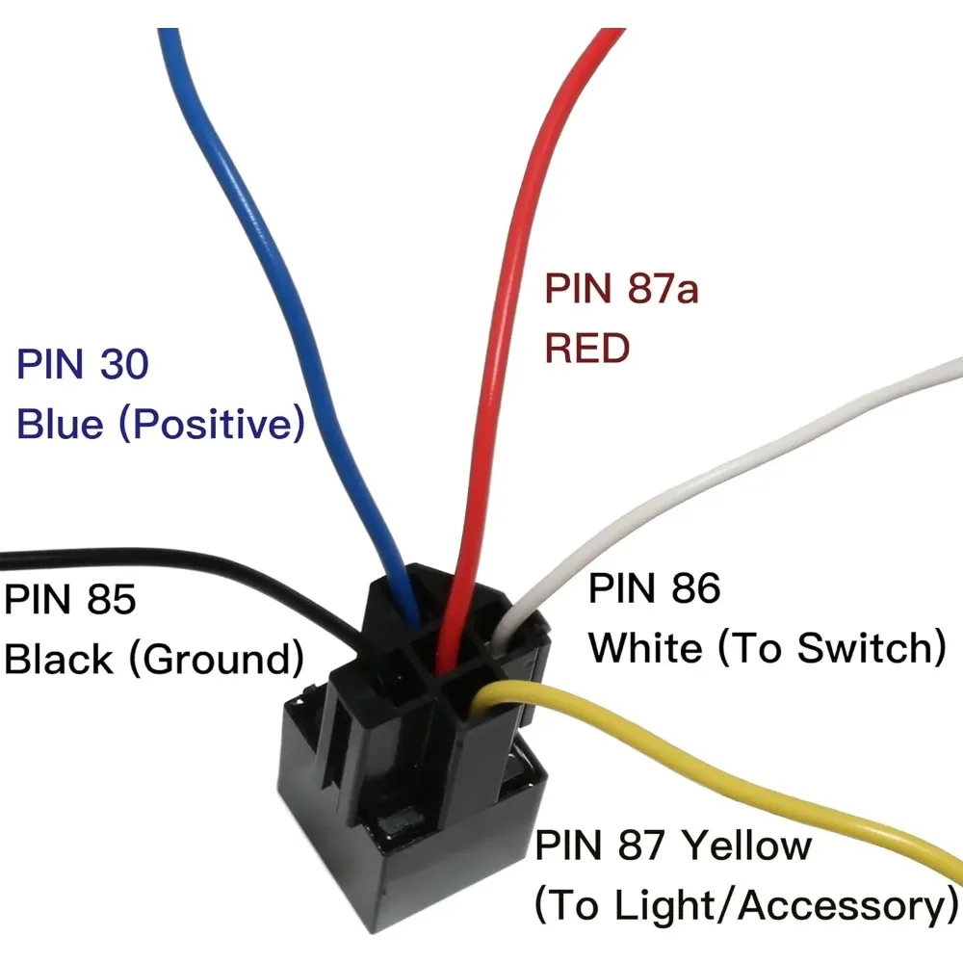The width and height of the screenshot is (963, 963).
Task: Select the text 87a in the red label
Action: pyautogui.click(x=664, y=288)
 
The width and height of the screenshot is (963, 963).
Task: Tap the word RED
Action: pyautogui.click(x=587, y=348)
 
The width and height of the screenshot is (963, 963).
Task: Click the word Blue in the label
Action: pyautogui.click(x=60, y=423)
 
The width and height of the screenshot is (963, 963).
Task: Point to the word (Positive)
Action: pyautogui.click(x=211, y=424)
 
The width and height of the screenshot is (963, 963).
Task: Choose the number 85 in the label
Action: pyautogui.click(x=111, y=599)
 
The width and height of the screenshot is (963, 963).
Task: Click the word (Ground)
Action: pyautogui.click(x=216, y=659)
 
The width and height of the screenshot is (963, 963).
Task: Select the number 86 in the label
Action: pyautogui.click(x=696, y=587)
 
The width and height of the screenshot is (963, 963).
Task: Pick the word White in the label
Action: pyautogui.click(x=645, y=647)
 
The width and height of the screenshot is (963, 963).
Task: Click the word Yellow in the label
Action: pyautogui.click(x=747, y=846)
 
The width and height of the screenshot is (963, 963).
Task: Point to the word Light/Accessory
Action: pyautogui.click(x=777, y=905)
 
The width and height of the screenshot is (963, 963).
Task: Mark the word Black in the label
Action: pyautogui.click(x=59, y=659)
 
